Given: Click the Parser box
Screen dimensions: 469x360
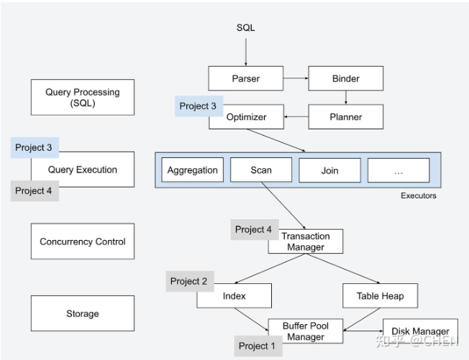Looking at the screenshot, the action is click(245, 78).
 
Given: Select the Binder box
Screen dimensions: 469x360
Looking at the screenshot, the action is click(346, 78).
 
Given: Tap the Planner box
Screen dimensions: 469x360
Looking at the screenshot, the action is click(346, 117).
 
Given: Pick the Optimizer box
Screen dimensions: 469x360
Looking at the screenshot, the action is click(246, 117).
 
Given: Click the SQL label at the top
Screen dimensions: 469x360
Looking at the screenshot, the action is click(245, 28).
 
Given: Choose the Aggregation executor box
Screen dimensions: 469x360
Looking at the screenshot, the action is click(192, 170).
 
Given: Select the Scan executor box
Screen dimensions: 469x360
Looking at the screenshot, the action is click(261, 170).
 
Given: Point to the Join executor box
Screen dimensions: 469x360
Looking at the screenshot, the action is click(329, 170).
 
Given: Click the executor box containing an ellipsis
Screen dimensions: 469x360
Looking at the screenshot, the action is click(399, 170).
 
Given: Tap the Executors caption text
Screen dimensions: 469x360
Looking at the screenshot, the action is click(419, 195).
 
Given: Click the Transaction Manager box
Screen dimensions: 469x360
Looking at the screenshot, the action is click(306, 241).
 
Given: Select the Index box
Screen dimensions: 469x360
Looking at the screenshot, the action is click(234, 296).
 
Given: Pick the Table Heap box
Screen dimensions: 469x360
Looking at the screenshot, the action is click(381, 296).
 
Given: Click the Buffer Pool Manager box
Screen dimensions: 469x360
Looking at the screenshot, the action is click(306, 331).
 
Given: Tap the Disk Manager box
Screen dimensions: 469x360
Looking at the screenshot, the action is click(420, 331).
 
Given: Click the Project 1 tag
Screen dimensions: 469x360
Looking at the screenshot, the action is click(258, 346).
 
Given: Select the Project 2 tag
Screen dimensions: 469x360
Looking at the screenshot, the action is click(190, 281).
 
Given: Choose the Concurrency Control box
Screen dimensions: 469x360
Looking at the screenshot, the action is click(83, 241).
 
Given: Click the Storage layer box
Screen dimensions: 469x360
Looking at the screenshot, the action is click(83, 313).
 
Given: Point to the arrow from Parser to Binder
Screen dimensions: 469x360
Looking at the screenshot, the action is click(296, 78).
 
